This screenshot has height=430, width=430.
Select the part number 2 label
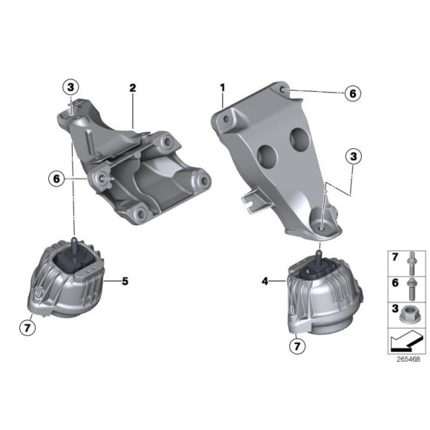[x=133, y=87]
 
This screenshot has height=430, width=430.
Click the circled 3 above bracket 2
[x=70, y=87]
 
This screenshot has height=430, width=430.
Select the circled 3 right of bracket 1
[x=354, y=156]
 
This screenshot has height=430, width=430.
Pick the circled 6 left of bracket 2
[x=55, y=179]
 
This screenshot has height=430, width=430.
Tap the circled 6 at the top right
[x=354, y=93]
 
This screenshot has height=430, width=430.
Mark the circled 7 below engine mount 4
[x=296, y=345]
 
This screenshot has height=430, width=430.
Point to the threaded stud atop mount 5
[x=75, y=245]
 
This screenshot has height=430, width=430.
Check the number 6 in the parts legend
[x=394, y=282]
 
